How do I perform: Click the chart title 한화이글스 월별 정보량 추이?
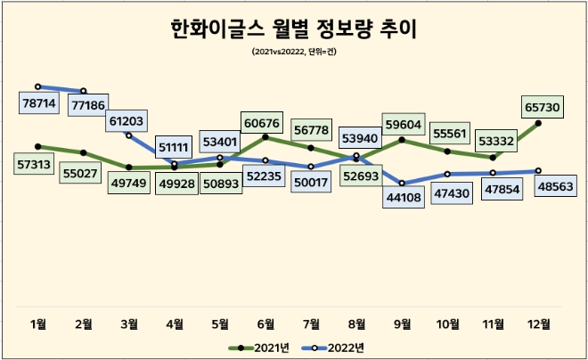point(294,30)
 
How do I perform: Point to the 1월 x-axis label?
point(38,323)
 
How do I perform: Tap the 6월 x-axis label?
point(265,323)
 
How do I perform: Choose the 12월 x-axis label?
point(538,323)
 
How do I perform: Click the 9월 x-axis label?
point(402,323)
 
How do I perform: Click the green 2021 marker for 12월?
point(538,123)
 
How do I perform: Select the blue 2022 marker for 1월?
point(38,86)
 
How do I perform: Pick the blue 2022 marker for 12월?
point(538,171)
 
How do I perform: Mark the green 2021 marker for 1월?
point(38,146)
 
